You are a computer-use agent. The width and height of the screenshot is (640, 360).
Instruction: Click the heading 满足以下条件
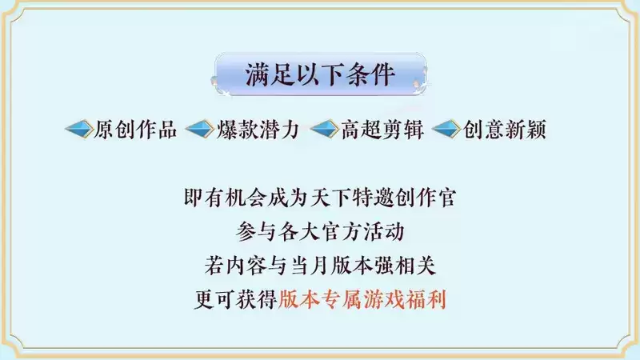click(x=320, y=75)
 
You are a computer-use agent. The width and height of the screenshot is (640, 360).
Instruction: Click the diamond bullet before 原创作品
click(x=78, y=130)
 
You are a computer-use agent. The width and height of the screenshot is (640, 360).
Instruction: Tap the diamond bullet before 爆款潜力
click(x=200, y=130)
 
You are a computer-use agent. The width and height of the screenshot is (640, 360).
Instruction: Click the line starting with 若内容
click(x=320, y=264)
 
